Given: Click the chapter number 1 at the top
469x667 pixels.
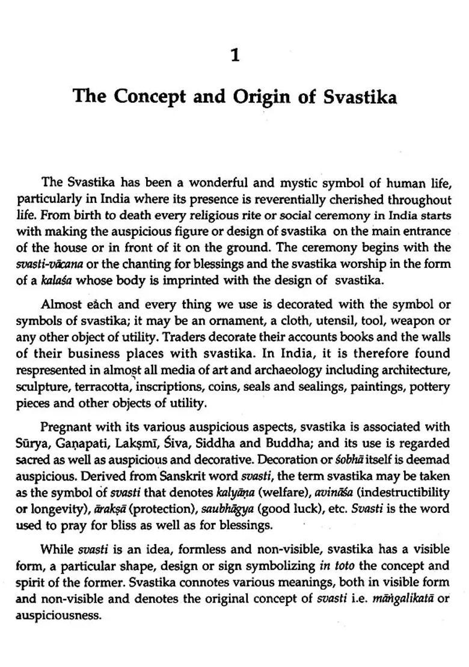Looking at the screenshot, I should click(235, 56).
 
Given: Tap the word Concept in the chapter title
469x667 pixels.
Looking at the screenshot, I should click(144, 97).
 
